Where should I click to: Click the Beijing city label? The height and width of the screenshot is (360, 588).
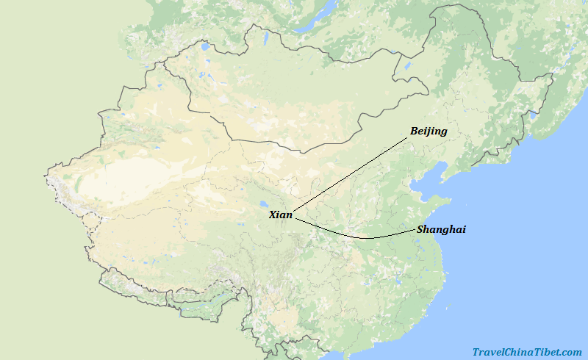429,132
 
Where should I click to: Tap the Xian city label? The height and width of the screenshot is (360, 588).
280,215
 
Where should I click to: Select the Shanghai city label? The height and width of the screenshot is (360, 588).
441,229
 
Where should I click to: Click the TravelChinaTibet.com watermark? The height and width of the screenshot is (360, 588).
526,352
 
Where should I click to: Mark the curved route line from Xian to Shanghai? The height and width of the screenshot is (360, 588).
360,237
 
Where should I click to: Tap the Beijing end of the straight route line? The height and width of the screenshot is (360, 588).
408,137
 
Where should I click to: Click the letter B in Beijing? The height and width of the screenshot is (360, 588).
414,132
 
